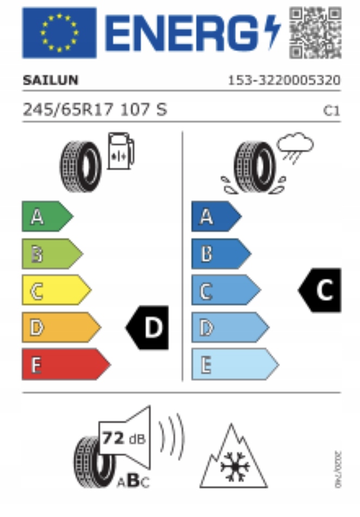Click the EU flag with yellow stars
59,32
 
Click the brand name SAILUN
50,81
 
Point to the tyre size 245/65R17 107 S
95,110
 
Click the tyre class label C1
331,111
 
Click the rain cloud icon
295,146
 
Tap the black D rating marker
148,328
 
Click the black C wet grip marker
320,290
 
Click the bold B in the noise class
132,481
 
